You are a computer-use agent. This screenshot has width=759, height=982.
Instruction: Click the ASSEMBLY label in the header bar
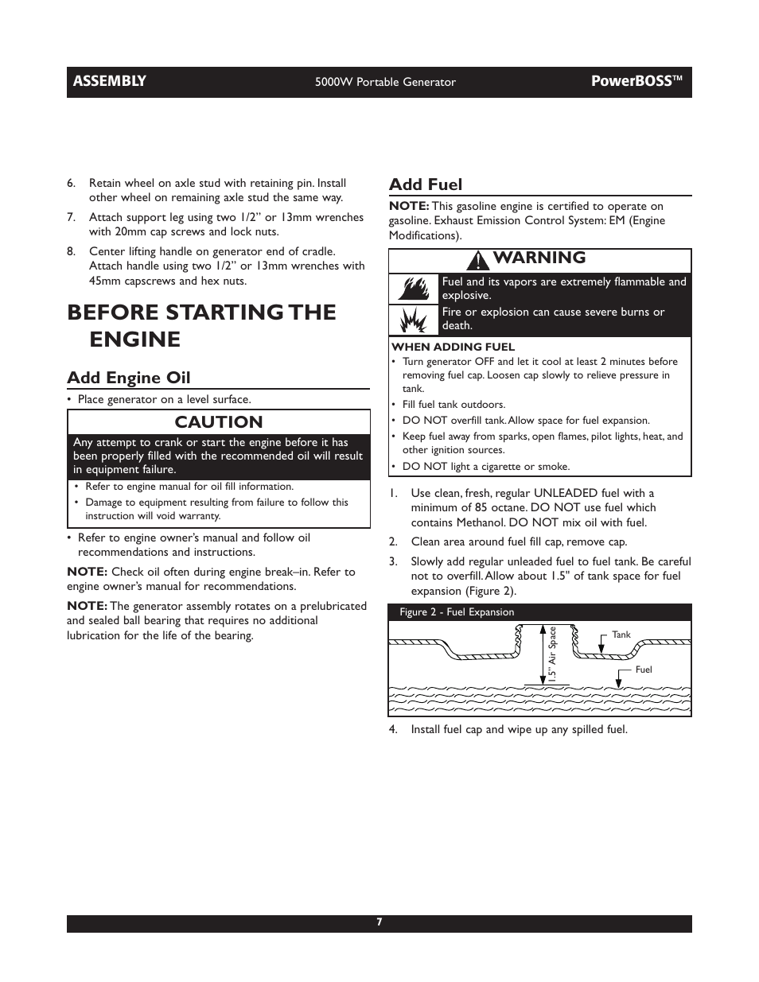[110, 81]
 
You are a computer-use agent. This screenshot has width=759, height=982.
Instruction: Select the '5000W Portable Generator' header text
[385, 82]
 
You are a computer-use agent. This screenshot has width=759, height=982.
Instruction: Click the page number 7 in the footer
[379, 922]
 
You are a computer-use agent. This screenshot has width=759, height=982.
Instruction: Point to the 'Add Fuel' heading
[425, 184]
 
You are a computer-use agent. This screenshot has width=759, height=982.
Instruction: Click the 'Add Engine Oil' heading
[128, 378]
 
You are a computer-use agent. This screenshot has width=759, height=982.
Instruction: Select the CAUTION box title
[219, 422]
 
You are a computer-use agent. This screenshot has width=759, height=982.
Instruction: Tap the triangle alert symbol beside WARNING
[479, 259]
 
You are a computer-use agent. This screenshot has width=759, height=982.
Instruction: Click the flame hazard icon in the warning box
[414, 288]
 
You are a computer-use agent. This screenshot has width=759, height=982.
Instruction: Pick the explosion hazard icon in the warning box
[414, 320]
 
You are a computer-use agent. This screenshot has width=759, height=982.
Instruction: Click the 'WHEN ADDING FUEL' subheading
[453, 347]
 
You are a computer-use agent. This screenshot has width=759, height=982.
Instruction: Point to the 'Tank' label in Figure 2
[621, 635]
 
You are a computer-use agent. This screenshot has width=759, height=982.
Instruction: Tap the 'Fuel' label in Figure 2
[643, 670]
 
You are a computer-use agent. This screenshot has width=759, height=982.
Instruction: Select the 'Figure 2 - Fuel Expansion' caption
[457, 612]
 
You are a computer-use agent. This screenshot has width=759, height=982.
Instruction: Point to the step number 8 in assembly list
[71, 251]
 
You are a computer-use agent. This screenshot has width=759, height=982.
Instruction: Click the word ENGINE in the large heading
[134, 340]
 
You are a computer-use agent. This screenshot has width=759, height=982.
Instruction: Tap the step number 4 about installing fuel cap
[393, 729]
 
